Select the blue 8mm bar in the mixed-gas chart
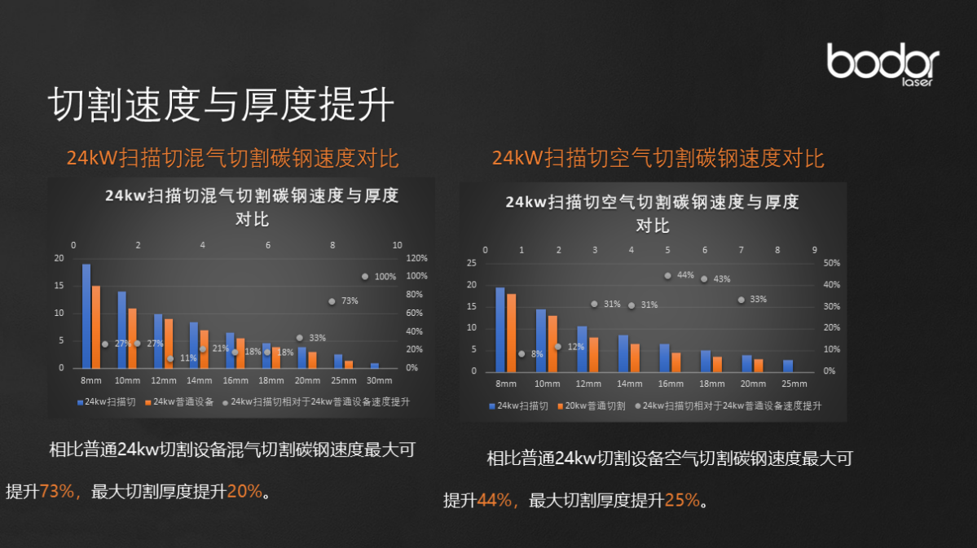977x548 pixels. coord(86,316)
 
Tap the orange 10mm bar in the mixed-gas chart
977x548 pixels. coord(132,338)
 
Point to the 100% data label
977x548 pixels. coord(385,277)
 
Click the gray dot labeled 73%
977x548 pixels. coord(332,301)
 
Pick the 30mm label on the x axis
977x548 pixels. coord(380,380)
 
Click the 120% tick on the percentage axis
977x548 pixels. coord(417,258)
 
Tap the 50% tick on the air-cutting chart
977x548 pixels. coord(831,263)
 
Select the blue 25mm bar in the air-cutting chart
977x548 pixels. coord(788,365)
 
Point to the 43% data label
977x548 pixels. coord(722,279)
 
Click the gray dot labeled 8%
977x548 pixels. coord(522,353)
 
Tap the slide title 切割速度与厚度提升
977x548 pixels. coord(221,105)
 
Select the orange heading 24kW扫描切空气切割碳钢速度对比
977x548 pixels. coord(658,158)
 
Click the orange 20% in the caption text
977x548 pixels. coord(244,491)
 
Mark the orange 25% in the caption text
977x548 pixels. coord(682,500)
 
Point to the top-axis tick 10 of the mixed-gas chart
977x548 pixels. coord(397,245)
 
